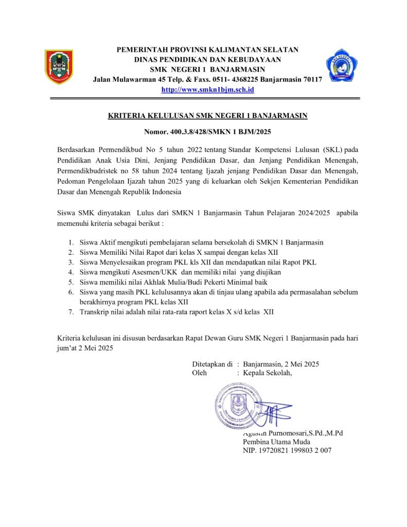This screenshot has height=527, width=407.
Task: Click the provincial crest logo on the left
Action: tap(59, 67)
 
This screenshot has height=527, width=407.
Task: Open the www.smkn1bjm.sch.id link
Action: tap(208, 90)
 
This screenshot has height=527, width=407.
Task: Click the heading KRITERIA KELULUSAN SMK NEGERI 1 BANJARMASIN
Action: tap(207, 116)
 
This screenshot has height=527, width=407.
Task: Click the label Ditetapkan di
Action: tap(212, 364)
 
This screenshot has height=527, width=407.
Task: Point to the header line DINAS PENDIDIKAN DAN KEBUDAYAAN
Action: tap(207, 60)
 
